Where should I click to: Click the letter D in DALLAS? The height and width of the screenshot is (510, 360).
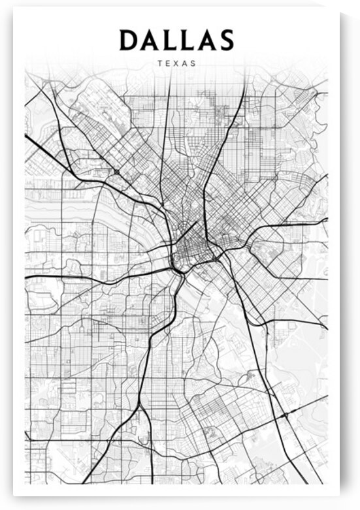click(x=128, y=40)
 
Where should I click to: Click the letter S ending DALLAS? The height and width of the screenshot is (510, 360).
click(x=225, y=40)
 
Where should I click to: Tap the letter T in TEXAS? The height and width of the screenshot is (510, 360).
click(x=160, y=64)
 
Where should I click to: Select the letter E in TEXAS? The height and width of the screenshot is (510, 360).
click(x=168, y=64)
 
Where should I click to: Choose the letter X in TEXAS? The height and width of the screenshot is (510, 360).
click(x=176, y=64)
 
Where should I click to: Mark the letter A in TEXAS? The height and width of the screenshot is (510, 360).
click(x=185, y=64)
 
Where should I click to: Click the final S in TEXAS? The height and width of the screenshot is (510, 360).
click(x=193, y=64)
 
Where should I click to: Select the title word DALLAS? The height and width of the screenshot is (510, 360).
click(x=176, y=40)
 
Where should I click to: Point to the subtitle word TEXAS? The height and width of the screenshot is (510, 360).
click(x=176, y=64)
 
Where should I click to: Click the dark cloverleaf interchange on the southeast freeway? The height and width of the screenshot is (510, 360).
click(x=286, y=415)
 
